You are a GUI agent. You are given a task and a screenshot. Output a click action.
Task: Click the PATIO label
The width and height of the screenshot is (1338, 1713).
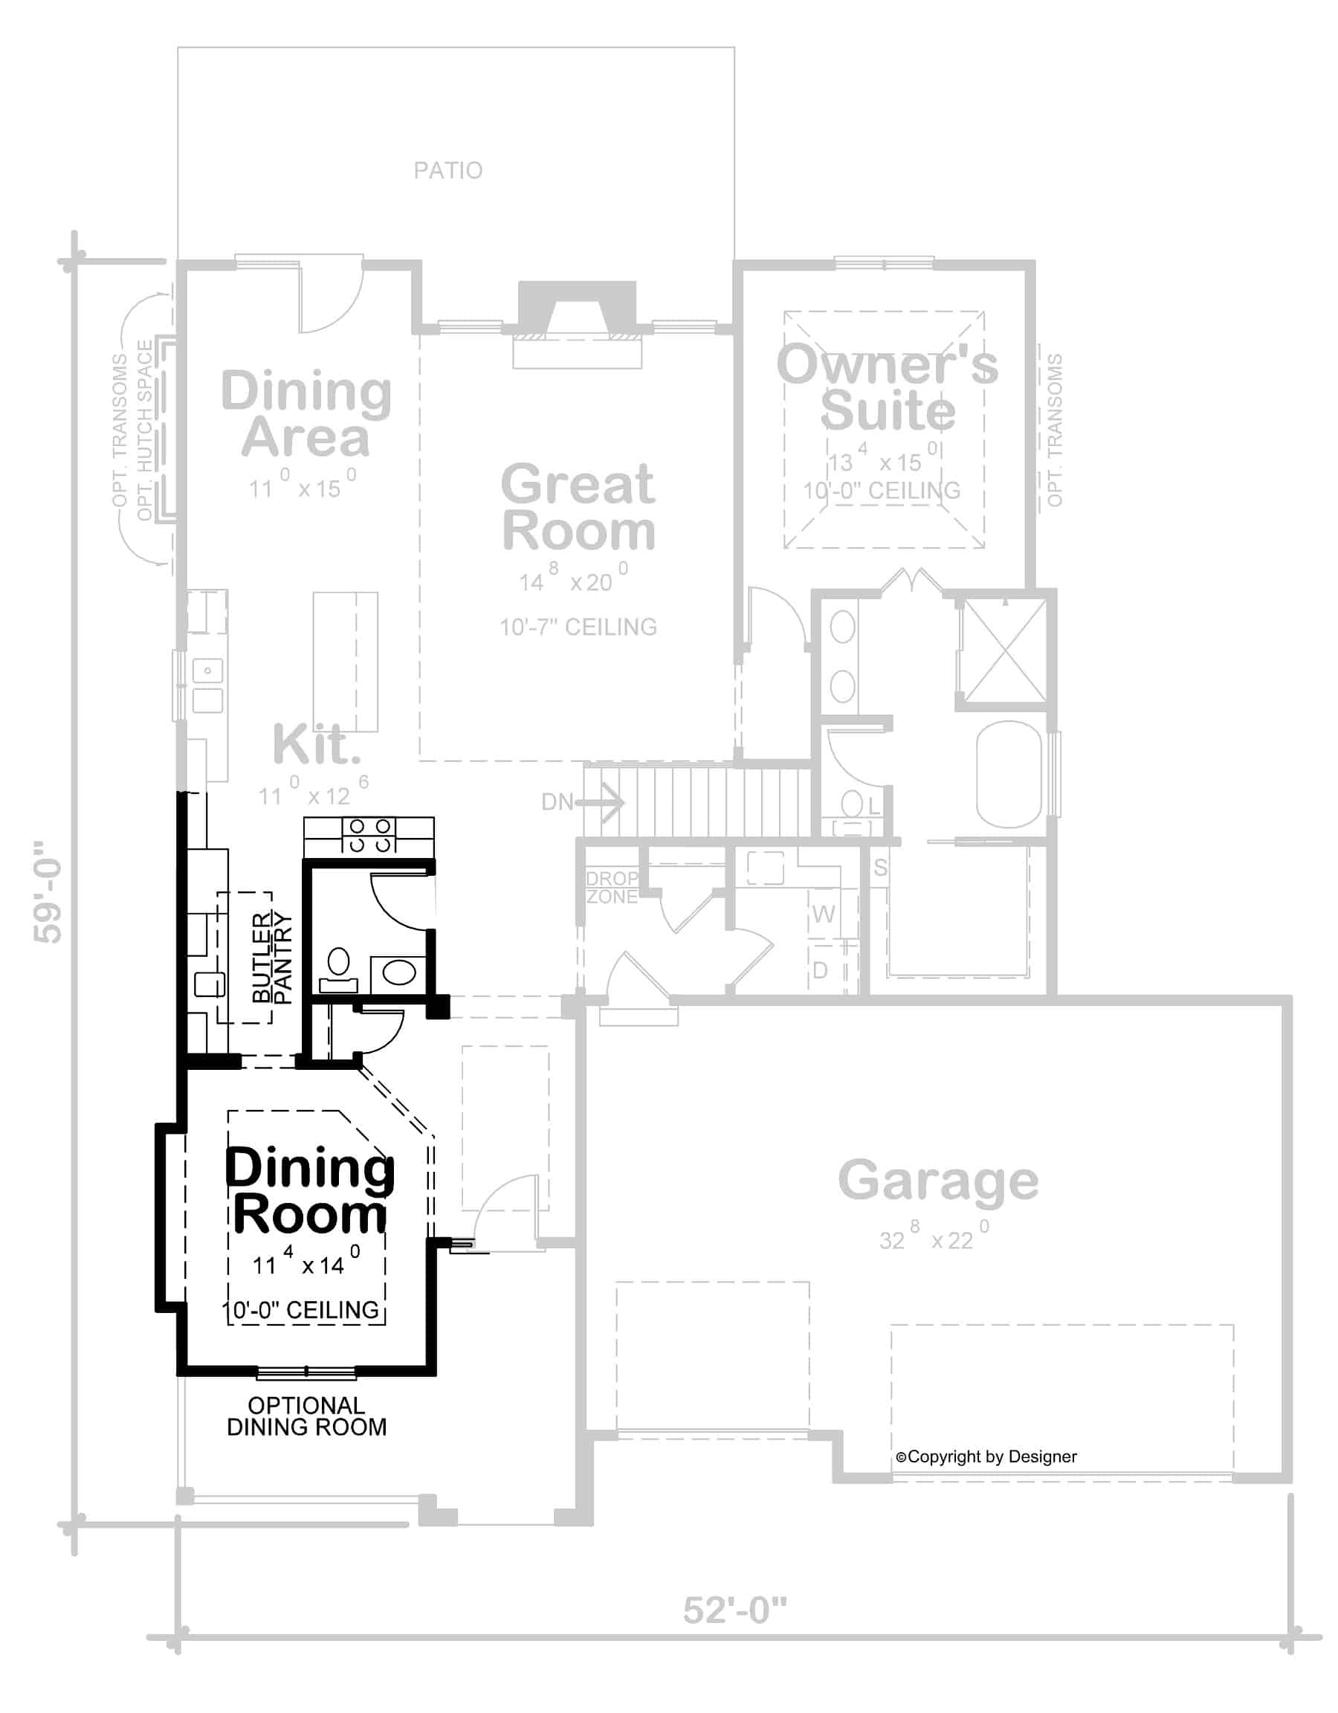click(x=447, y=170)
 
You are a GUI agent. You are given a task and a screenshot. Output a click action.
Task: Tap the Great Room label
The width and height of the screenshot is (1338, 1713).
click(x=578, y=508)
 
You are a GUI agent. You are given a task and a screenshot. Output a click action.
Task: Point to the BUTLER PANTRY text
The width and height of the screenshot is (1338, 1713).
click(x=272, y=957)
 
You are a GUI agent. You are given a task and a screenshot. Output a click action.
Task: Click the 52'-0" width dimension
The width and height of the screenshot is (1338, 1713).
click(x=735, y=1610)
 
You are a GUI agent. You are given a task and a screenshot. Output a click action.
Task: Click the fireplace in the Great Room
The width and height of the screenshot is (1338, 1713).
click(x=578, y=323)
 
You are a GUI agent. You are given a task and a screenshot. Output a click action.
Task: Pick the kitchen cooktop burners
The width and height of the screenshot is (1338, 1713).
click(x=369, y=836)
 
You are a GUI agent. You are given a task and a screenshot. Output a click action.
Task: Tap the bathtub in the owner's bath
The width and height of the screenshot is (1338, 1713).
click(x=1009, y=774)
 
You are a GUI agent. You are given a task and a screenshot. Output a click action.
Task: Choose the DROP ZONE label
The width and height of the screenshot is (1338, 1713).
click(x=613, y=887)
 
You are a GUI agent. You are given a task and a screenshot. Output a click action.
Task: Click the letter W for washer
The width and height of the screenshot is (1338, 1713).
click(x=824, y=914)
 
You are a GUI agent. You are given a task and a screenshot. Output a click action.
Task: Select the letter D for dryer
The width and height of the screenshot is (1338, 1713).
click(x=820, y=970)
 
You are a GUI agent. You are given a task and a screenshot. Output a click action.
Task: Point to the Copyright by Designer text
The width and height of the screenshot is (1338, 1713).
click(x=986, y=1456)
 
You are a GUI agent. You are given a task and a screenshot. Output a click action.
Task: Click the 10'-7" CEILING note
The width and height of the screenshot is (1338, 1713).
click(x=579, y=627)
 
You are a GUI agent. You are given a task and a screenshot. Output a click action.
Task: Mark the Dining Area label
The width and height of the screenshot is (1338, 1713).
click(x=306, y=413)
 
